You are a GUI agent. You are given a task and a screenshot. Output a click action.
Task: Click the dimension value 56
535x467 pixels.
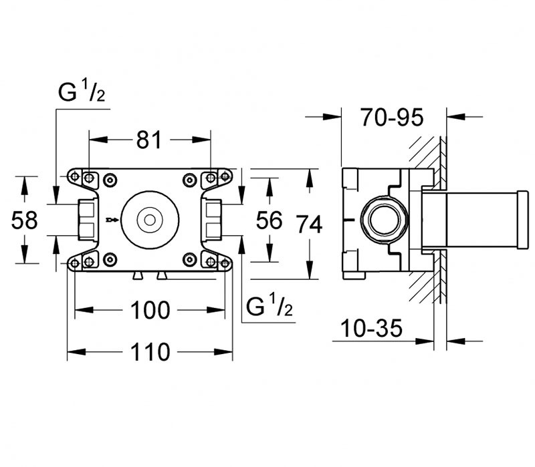(x=270, y=220)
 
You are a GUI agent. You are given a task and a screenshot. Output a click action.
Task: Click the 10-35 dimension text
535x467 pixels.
(x=372, y=328)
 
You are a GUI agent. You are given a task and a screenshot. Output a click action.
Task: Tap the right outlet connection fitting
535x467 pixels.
(x=213, y=218)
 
